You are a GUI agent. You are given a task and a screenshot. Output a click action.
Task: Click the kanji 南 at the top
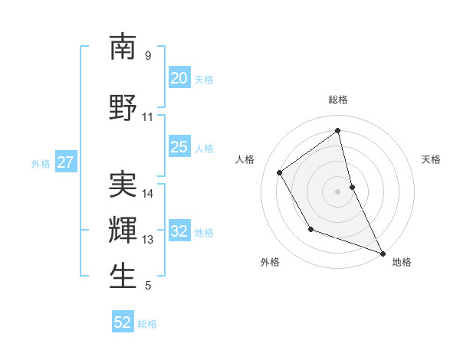(x=123, y=47)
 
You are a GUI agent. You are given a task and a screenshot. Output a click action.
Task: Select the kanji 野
(x=123, y=108)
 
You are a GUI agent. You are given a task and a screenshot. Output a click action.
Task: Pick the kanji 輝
(x=123, y=230)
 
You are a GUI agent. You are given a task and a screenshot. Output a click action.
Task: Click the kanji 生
(x=123, y=276)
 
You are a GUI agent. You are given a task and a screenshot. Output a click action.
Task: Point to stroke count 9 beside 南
(x=148, y=56)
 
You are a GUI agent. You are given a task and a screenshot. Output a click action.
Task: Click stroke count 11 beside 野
(x=148, y=117)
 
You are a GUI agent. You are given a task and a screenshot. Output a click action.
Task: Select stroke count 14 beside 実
(x=148, y=194)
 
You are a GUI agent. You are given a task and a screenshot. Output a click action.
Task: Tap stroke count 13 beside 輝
(x=148, y=240)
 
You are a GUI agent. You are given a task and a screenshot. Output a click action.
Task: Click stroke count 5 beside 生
(x=148, y=286)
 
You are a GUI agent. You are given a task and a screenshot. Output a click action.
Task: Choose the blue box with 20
(x=179, y=78)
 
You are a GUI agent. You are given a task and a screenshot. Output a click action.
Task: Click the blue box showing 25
(x=179, y=147)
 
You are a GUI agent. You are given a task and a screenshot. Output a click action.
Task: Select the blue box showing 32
(x=179, y=231)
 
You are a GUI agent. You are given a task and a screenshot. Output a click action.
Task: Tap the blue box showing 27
(x=65, y=162)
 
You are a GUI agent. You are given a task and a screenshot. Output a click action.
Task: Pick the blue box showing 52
(x=123, y=322)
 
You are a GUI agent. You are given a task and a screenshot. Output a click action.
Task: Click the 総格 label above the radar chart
(x=338, y=100)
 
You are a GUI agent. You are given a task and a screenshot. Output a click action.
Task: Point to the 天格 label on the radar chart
(x=431, y=159)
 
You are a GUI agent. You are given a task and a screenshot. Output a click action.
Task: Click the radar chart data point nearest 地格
(x=383, y=253)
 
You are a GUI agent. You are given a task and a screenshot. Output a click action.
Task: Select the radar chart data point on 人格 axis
(x=279, y=172)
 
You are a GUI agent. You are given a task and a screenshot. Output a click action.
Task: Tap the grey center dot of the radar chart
(x=338, y=191)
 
